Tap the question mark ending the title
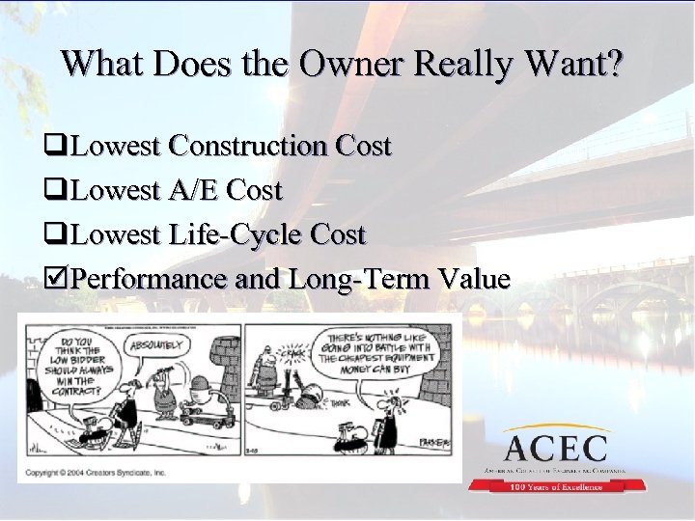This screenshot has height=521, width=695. click(616, 64)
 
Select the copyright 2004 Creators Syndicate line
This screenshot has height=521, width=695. click(97, 473)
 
